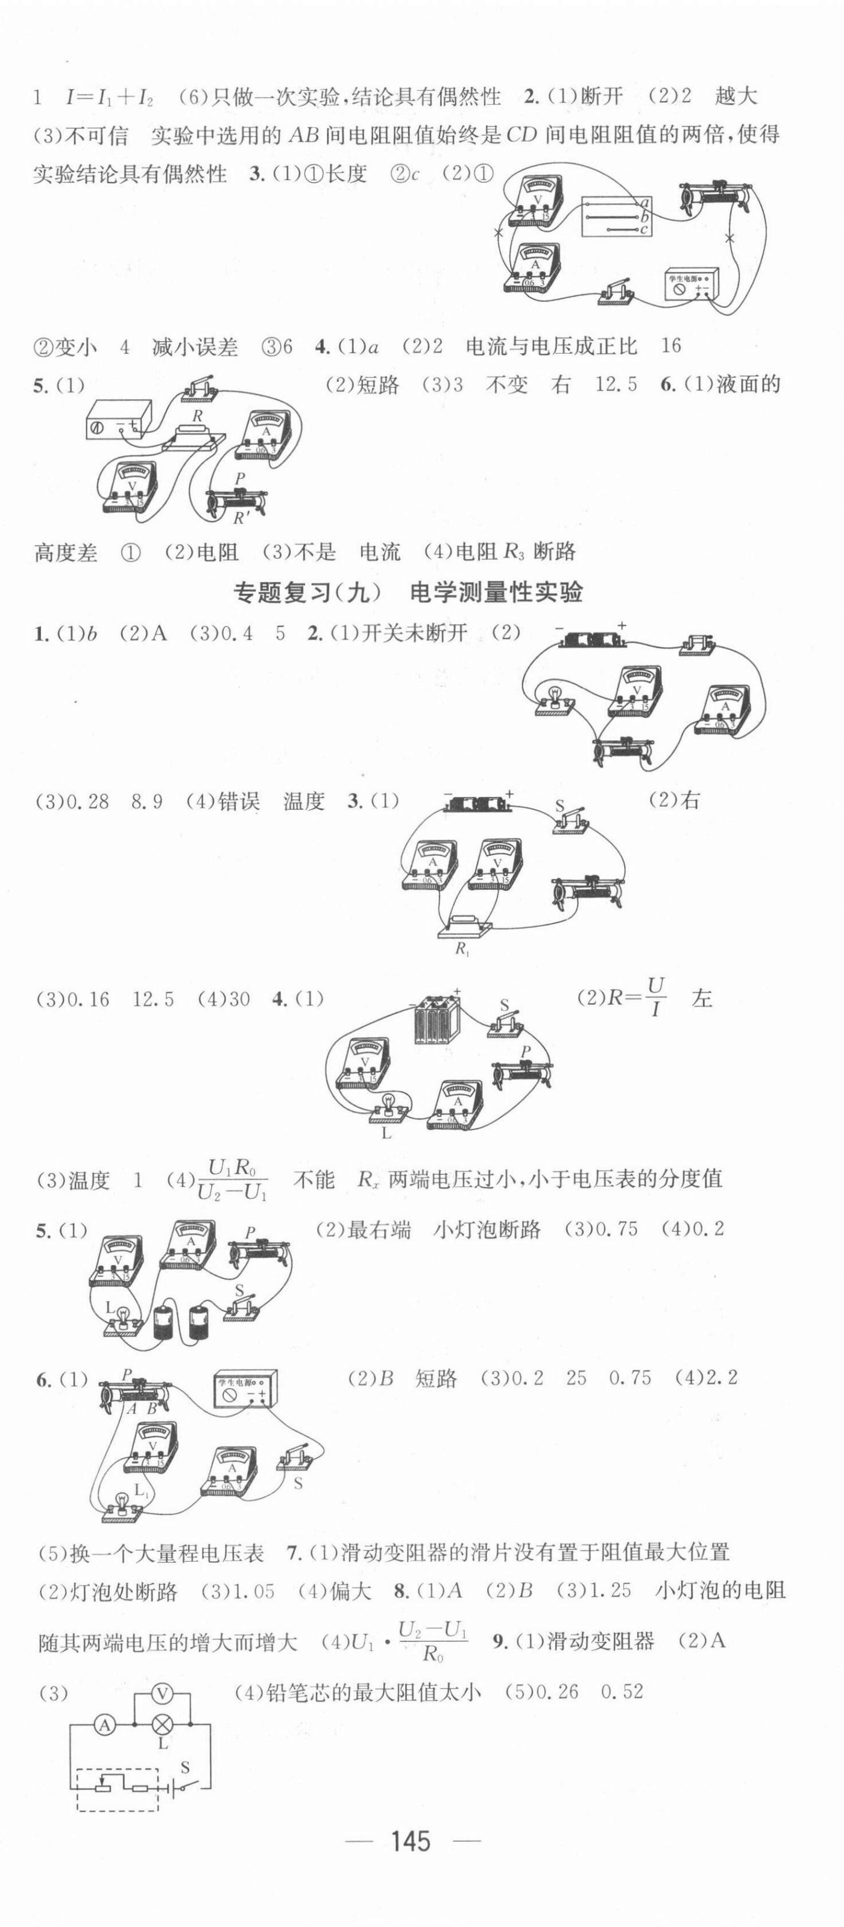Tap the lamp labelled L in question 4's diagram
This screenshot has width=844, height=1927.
(388, 1108)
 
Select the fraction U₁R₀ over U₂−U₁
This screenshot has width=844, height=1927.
(232, 1180)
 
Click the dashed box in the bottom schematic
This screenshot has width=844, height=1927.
(118, 1788)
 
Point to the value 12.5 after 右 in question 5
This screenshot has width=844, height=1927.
(615, 385)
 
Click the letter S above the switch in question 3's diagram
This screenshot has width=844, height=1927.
(559, 806)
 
